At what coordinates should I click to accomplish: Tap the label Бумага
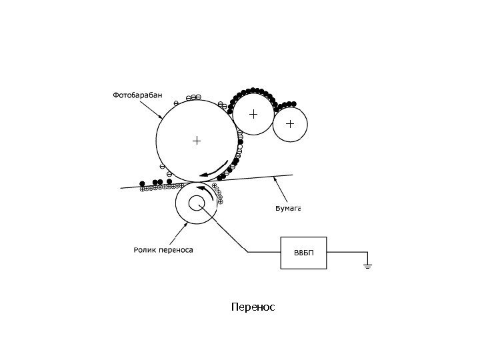pyautogui.click(x=289, y=208)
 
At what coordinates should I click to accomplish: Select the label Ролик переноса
pyautogui.click(x=163, y=250)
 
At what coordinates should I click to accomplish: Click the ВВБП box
pyautogui.click(x=304, y=252)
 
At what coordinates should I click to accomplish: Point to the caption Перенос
pyautogui.click(x=253, y=307)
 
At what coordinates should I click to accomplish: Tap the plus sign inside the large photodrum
pyautogui.click(x=196, y=141)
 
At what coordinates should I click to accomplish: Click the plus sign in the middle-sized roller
pyautogui.click(x=253, y=114)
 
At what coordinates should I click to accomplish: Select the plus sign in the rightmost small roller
pyautogui.click(x=290, y=123)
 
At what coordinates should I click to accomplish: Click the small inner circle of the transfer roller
pyautogui.click(x=198, y=203)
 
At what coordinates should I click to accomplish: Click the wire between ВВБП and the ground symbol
pyautogui.click(x=347, y=252)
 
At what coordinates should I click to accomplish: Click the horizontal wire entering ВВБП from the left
pyautogui.click(x=263, y=252)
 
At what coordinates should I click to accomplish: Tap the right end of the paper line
pyautogui.click(x=293, y=175)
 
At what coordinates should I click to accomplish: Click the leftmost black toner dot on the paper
pyautogui.click(x=141, y=183)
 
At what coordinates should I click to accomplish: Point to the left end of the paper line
pyautogui.click(x=121, y=188)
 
